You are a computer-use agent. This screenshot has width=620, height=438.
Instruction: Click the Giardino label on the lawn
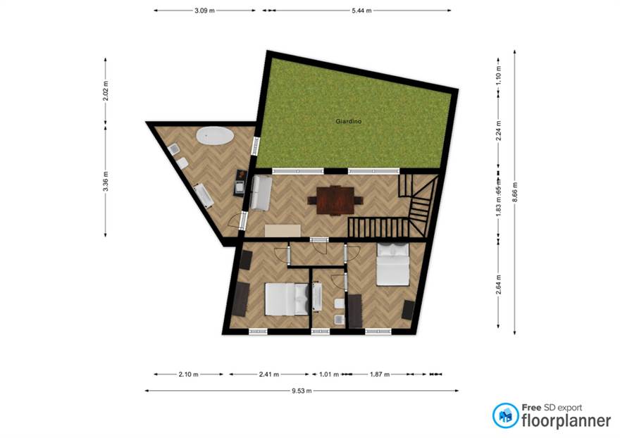tap(348, 122)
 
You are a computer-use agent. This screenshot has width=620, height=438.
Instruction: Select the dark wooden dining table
tap(335, 199)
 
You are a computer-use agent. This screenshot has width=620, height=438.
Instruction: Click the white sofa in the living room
tap(259, 193)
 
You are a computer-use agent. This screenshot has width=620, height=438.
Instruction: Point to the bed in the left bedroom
tap(286, 299)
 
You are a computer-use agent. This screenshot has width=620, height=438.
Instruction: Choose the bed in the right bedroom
tap(392, 264)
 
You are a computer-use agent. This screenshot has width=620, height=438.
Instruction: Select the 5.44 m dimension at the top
tap(360, 11)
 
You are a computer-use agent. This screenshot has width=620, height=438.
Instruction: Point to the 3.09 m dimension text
tap(204, 11)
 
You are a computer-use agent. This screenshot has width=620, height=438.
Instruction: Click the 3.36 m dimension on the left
tap(106, 182)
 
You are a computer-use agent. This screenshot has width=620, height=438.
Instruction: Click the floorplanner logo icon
tap(505, 415)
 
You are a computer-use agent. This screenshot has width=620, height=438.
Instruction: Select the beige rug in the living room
tap(283, 230)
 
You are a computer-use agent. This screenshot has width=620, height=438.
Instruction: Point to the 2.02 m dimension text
tap(106, 92)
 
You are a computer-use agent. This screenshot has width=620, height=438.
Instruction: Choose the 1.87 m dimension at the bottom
tap(380, 374)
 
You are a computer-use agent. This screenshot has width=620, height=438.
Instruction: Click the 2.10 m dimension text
tap(188, 374)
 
